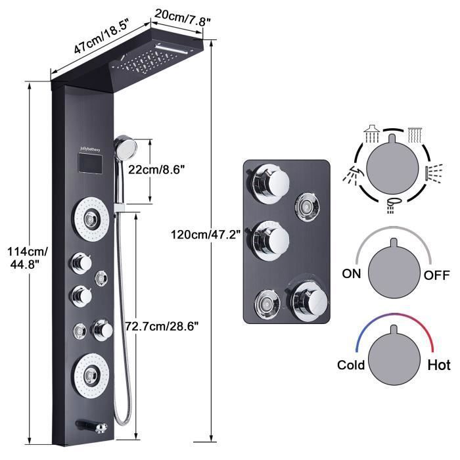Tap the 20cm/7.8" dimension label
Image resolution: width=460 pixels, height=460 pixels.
coord(182,18)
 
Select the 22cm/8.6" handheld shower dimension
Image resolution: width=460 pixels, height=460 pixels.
coord(156,170)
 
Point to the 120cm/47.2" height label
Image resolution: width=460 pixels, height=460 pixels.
coord(206,235)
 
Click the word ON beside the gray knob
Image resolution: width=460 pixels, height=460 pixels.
coord(351,274)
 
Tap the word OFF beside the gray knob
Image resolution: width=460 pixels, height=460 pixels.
coord(436,275)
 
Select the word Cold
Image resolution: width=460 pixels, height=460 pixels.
coord(351,365)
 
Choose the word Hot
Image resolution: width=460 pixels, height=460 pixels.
coord(439,365)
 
